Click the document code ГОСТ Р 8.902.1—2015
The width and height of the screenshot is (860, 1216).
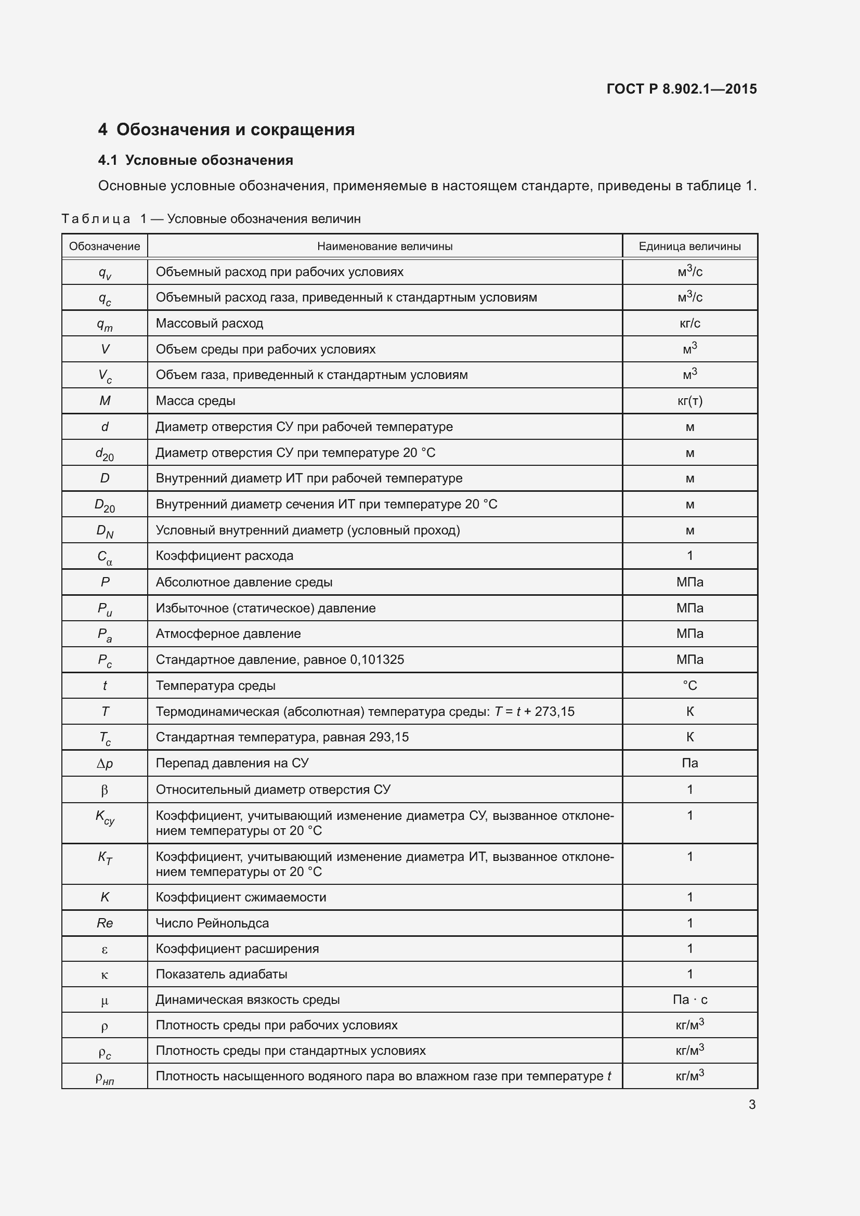681,89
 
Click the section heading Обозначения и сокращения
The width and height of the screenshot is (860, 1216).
235,130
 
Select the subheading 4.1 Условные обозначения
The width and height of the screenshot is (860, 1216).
196,161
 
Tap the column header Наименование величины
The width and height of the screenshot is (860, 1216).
384,246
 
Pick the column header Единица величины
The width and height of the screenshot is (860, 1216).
689,246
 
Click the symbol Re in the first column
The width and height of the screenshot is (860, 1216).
105,923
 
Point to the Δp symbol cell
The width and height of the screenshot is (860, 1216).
105,763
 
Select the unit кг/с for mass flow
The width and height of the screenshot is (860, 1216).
689,323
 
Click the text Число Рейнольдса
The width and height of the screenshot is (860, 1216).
212,923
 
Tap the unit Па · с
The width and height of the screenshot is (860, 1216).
689,999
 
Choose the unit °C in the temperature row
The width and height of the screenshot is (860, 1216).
689,685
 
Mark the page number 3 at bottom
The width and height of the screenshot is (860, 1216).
752,1104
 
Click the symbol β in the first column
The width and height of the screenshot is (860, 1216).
105,790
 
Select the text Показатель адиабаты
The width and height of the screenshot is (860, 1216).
221,974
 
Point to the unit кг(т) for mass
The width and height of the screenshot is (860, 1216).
689,401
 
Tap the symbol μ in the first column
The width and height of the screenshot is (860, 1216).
105,1000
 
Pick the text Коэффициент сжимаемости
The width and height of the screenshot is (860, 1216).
240,897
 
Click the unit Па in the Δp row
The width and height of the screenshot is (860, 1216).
689,763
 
